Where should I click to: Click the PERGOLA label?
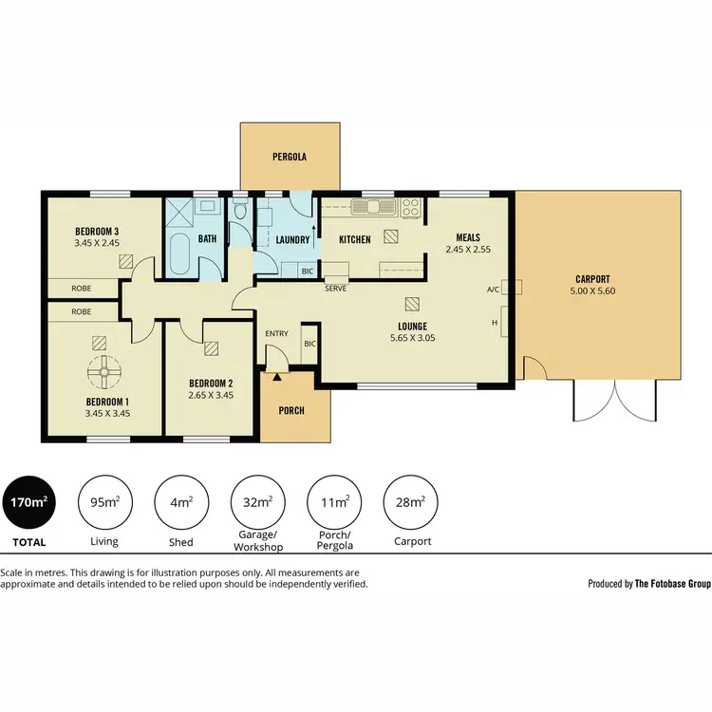coord(290,157)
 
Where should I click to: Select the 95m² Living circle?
coord(103,502)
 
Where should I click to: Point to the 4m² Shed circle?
coord(180,502)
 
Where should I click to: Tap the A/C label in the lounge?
coord(493,290)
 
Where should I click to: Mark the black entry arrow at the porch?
coord(276,377)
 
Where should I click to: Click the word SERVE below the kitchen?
coord(335,288)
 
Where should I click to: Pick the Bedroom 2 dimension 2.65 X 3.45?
coord(211,394)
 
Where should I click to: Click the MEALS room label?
coord(467,237)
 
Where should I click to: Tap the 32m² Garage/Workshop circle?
coord(257,502)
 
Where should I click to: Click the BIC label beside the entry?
coord(309,345)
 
